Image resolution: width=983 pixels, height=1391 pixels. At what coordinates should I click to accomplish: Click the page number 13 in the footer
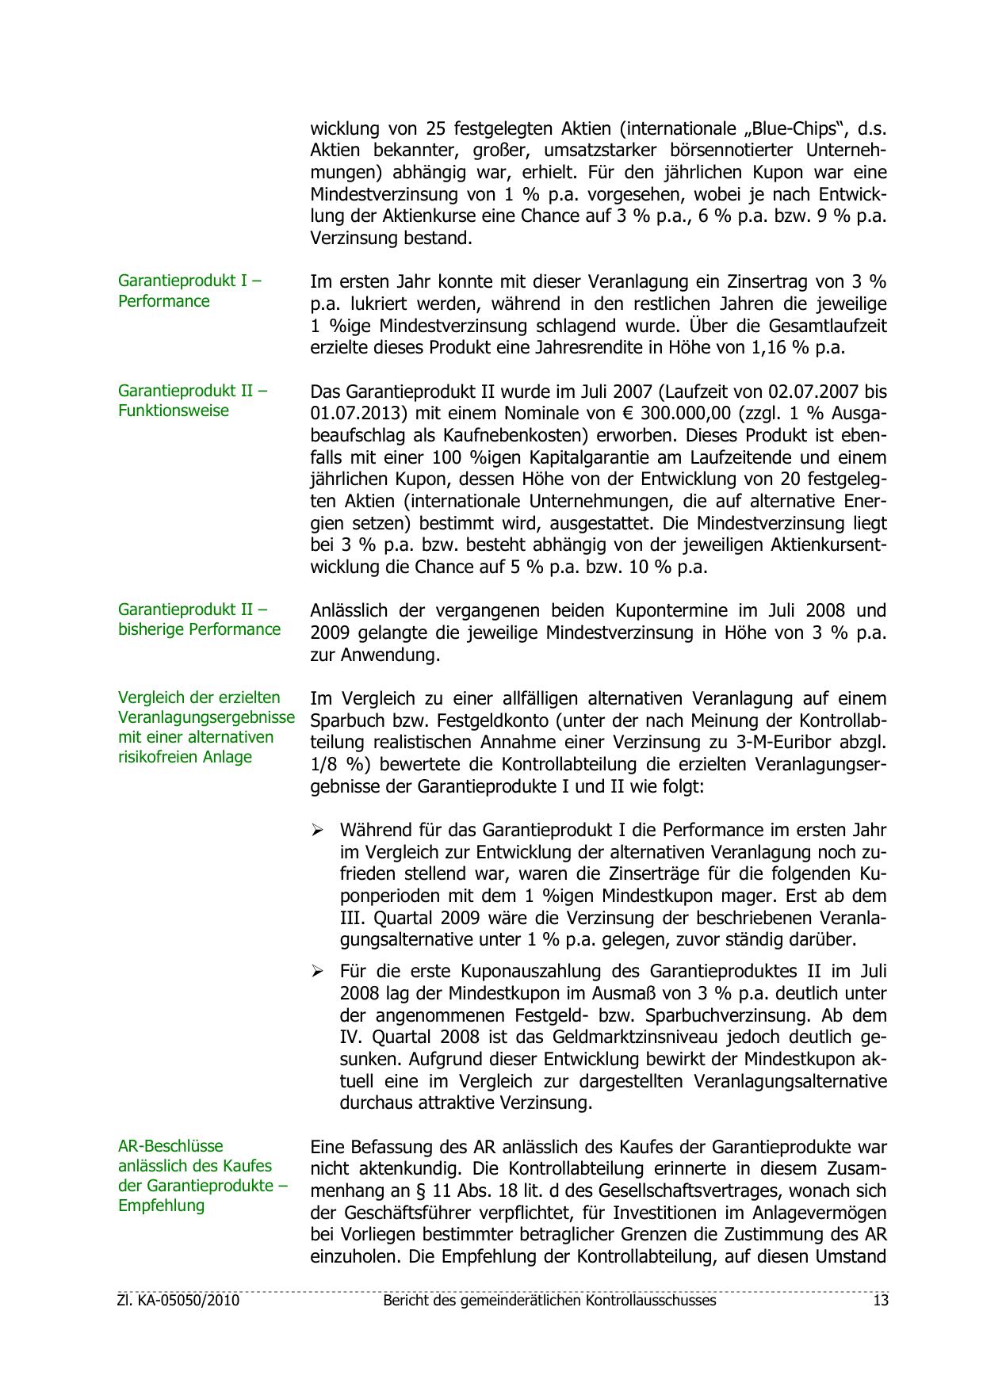[880, 1301]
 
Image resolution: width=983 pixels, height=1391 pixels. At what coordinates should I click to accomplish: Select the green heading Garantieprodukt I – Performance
[189, 291]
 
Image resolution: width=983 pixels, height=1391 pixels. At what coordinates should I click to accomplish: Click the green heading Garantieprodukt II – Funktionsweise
[193, 400]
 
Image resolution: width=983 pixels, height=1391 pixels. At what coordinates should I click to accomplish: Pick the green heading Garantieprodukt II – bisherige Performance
[199, 619]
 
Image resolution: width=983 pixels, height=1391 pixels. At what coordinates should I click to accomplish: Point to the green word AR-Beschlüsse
[170, 1146]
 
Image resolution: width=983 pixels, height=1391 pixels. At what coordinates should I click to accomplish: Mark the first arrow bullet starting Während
[317, 831]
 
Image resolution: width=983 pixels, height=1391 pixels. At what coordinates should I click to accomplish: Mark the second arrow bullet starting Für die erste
[317, 971]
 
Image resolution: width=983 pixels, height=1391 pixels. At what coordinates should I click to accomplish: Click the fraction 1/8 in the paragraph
[324, 765]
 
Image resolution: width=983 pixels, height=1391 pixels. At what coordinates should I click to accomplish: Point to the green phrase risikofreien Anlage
[185, 757]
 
